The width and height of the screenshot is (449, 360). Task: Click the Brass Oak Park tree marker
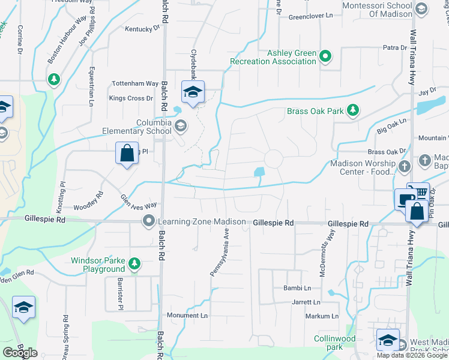click(x=354, y=110)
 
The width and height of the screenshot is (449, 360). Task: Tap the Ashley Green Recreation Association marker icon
click(x=325, y=57)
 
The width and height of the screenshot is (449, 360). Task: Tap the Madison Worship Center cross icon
click(x=405, y=165)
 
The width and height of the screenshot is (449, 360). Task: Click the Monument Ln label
click(x=187, y=316)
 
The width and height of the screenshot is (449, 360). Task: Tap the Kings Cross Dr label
click(x=127, y=98)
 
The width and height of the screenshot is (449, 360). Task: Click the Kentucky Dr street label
click(x=142, y=28)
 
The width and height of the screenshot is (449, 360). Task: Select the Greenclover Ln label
click(x=310, y=16)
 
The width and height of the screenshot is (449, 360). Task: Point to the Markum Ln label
click(x=322, y=316)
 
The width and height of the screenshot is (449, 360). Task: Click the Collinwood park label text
click(x=335, y=343)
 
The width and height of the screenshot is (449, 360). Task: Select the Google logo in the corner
click(x=20, y=353)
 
